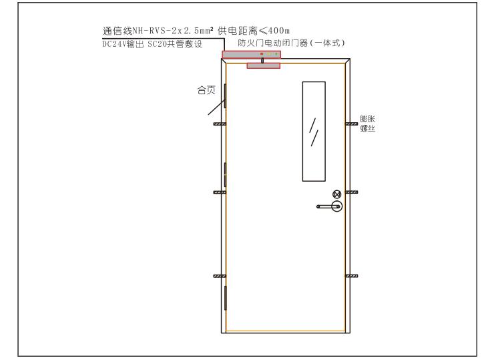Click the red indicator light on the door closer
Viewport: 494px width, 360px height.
coord(262,54)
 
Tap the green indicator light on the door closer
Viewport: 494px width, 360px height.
coord(276,54)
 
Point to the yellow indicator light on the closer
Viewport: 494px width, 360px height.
coord(269,54)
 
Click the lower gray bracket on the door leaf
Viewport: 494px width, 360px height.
coord(264,66)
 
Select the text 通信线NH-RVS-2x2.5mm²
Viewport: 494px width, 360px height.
coord(158,31)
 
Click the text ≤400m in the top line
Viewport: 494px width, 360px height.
coord(274,31)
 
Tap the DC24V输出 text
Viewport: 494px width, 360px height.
coord(123,44)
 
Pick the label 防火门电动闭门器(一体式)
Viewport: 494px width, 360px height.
coord(292,43)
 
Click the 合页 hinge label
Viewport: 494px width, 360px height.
coord(206,90)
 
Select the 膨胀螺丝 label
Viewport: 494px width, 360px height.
coord(367,124)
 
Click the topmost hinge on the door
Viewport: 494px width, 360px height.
coord(225,96)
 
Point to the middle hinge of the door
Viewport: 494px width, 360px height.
coord(225,174)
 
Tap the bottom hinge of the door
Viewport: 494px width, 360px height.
coord(225,298)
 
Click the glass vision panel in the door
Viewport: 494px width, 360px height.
coord(314,132)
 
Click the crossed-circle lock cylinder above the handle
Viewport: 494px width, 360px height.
coord(337,194)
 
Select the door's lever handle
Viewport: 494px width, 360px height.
coord(330,206)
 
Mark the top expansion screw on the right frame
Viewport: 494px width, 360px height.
coord(351,124)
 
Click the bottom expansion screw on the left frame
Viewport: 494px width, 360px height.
coord(220,276)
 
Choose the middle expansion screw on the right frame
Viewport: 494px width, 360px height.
coord(351,192)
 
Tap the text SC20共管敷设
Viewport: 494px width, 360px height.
coord(175,44)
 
